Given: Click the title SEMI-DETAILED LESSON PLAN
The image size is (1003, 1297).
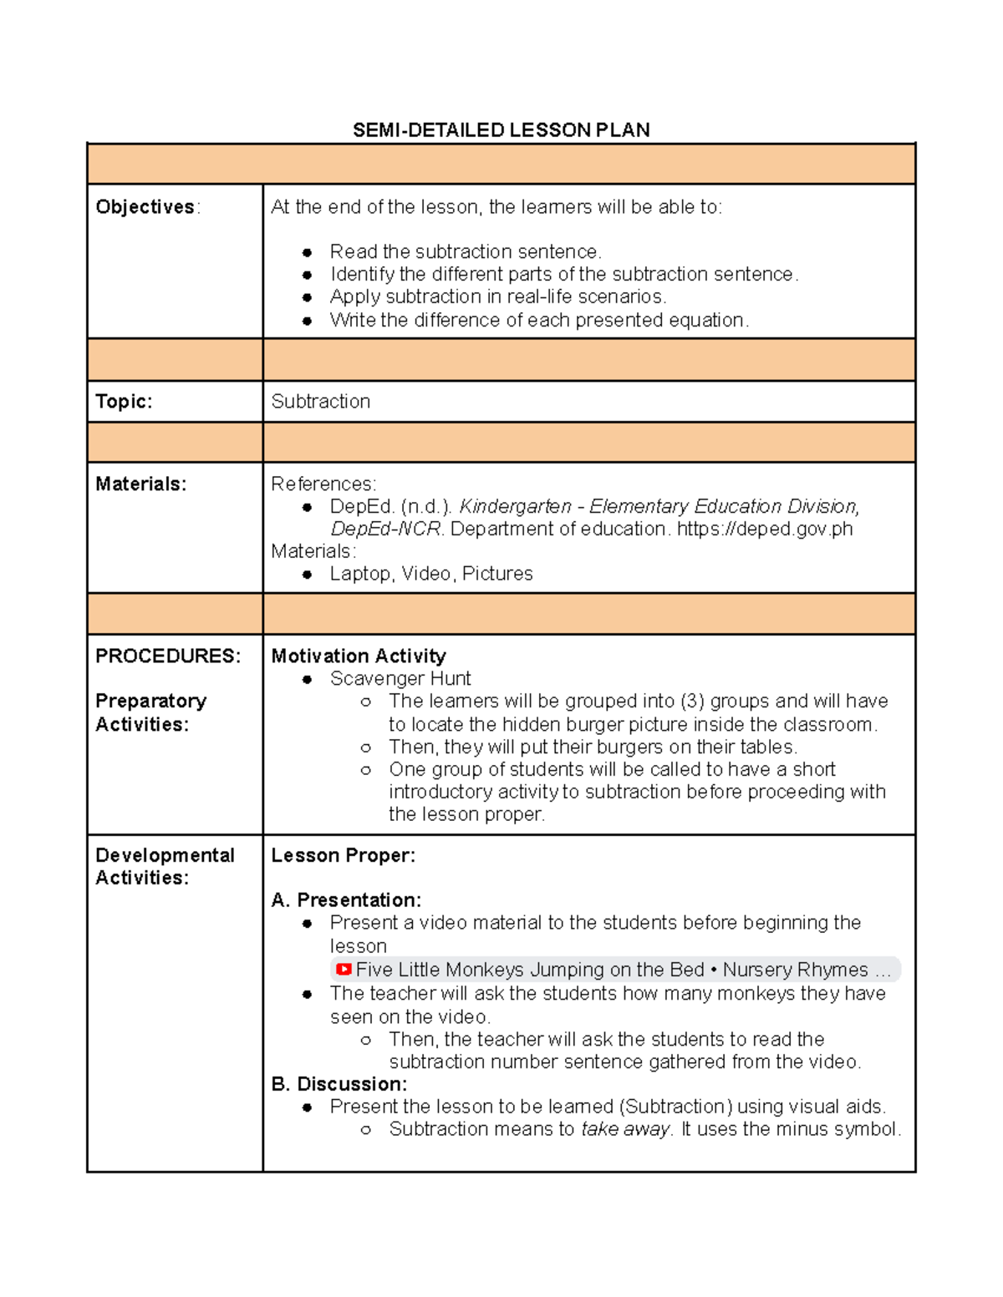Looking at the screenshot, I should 501,130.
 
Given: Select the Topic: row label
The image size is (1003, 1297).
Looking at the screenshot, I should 124,402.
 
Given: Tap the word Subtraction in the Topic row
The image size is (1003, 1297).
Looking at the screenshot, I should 320,402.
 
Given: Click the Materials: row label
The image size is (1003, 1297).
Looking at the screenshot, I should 140,484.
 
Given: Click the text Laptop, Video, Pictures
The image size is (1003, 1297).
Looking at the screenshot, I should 430,574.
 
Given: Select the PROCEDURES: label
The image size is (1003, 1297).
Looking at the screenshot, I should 167,656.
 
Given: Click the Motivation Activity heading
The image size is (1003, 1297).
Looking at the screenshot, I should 358,656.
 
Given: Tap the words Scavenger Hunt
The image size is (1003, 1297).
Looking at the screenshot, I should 400,679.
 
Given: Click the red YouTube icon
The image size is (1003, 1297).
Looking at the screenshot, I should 343,970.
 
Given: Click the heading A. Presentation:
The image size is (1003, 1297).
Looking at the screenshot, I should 346,900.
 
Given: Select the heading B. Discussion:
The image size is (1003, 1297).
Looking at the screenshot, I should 339,1084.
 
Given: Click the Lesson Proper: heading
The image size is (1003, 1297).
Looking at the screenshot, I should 343,856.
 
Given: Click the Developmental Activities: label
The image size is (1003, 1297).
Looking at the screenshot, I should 164,867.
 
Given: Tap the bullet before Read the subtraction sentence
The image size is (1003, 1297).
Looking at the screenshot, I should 308,252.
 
